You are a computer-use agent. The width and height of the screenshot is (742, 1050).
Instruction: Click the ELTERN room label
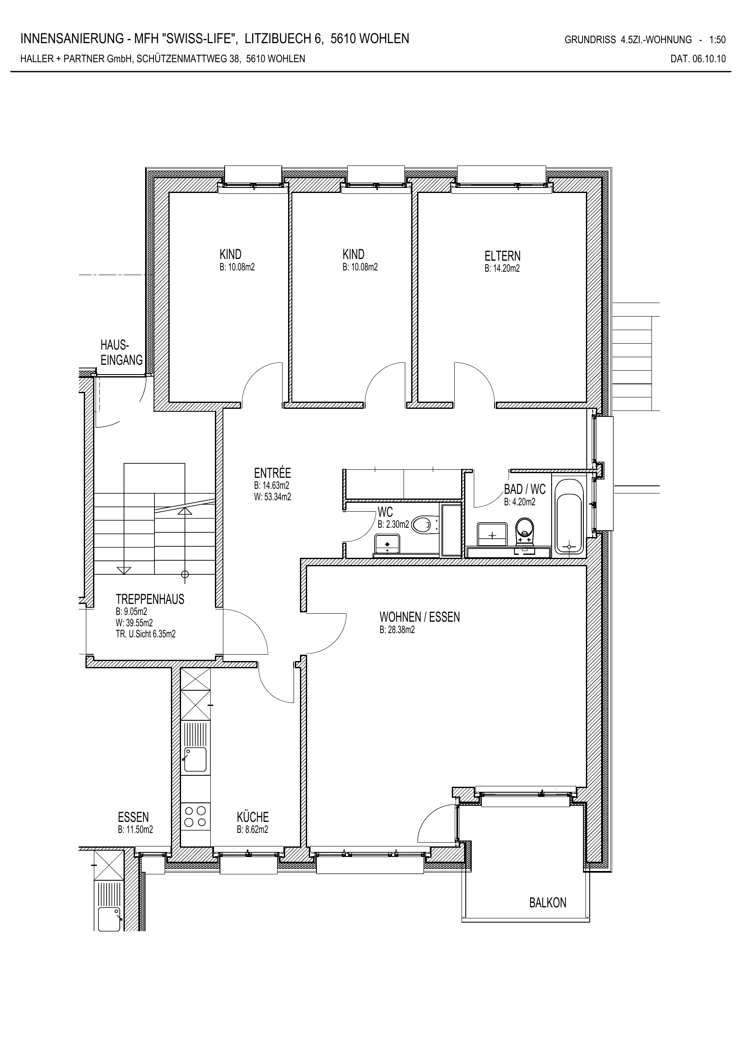click(503, 256)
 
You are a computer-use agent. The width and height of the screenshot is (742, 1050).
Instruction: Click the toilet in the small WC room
click(425, 524)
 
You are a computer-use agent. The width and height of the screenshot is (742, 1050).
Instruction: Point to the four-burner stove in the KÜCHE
click(195, 816)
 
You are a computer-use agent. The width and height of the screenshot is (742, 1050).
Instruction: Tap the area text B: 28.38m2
click(397, 630)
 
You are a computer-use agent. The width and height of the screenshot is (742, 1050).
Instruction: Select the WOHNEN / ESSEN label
click(420, 617)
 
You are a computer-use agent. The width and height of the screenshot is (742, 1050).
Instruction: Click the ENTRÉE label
click(272, 472)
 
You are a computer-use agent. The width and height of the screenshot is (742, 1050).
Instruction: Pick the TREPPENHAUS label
click(150, 599)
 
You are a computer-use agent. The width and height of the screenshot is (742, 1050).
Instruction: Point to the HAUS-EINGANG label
click(121, 353)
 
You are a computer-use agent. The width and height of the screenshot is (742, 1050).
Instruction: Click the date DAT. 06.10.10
click(698, 58)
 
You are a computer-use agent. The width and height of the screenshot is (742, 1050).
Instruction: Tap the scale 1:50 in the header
click(717, 40)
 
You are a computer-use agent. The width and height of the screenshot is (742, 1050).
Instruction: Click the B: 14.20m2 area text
click(502, 268)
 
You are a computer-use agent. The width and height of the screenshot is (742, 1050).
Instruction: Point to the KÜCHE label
click(253, 817)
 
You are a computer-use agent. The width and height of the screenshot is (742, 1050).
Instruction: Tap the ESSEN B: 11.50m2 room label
click(135, 823)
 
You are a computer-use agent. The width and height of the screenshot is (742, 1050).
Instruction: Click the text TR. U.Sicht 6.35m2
click(146, 634)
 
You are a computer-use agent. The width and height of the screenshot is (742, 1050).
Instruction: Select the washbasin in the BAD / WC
click(492, 535)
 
